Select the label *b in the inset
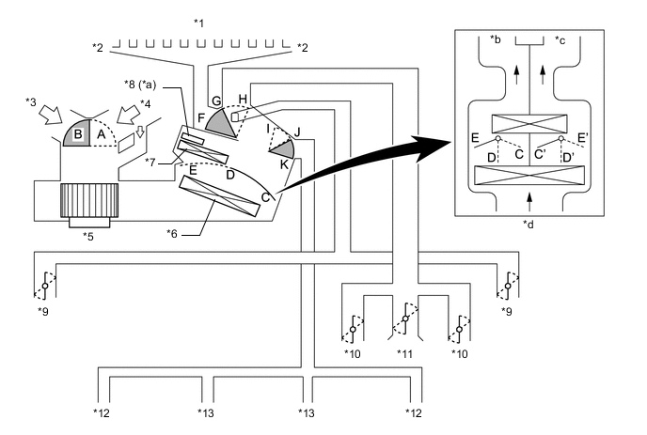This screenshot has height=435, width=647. coord(495,40)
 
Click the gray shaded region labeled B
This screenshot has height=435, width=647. coord(73,135)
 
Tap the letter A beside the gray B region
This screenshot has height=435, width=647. coord(102,134)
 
